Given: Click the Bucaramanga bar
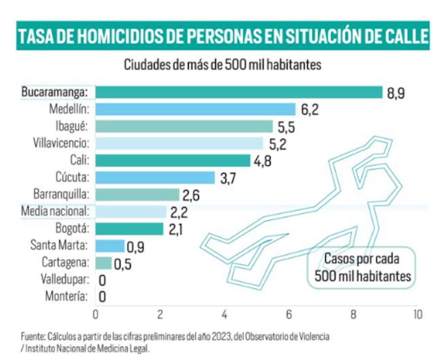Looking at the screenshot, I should (x=239, y=92).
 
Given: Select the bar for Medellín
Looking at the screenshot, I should (x=195, y=109).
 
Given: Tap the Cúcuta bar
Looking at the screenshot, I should (x=155, y=177).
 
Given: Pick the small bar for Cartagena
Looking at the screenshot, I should (x=103, y=263).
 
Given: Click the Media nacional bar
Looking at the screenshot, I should (x=131, y=212).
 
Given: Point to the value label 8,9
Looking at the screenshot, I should (x=396, y=93).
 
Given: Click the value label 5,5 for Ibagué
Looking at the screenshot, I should (x=286, y=127).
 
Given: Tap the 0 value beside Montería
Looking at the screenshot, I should (x=102, y=297).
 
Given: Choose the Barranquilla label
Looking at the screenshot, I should (x=61, y=194).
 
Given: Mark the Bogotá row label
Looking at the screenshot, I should (x=72, y=228).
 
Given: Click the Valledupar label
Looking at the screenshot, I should (x=65, y=279).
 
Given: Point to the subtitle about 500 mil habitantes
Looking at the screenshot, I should (x=222, y=65).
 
